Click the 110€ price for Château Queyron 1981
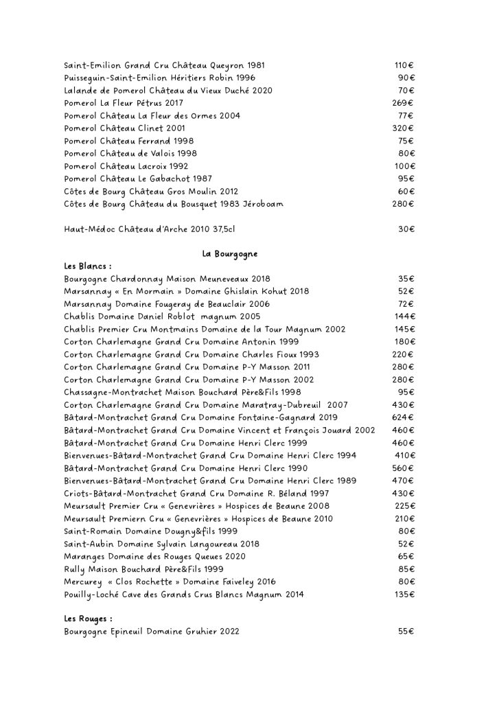click(x=404, y=65)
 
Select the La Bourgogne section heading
click(x=230, y=254)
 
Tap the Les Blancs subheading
click(x=88, y=266)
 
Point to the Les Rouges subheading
click(x=88, y=619)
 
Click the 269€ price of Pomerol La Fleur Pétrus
click(x=403, y=103)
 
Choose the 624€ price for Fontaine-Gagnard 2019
click(x=403, y=417)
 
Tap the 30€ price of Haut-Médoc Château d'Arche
click(x=406, y=229)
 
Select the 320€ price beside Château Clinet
click(x=403, y=128)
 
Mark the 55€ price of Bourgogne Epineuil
click(x=406, y=631)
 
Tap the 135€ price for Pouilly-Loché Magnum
click(x=404, y=594)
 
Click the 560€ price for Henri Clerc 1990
click(x=403, y=468)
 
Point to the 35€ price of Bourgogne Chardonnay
click(x=406, y=279)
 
